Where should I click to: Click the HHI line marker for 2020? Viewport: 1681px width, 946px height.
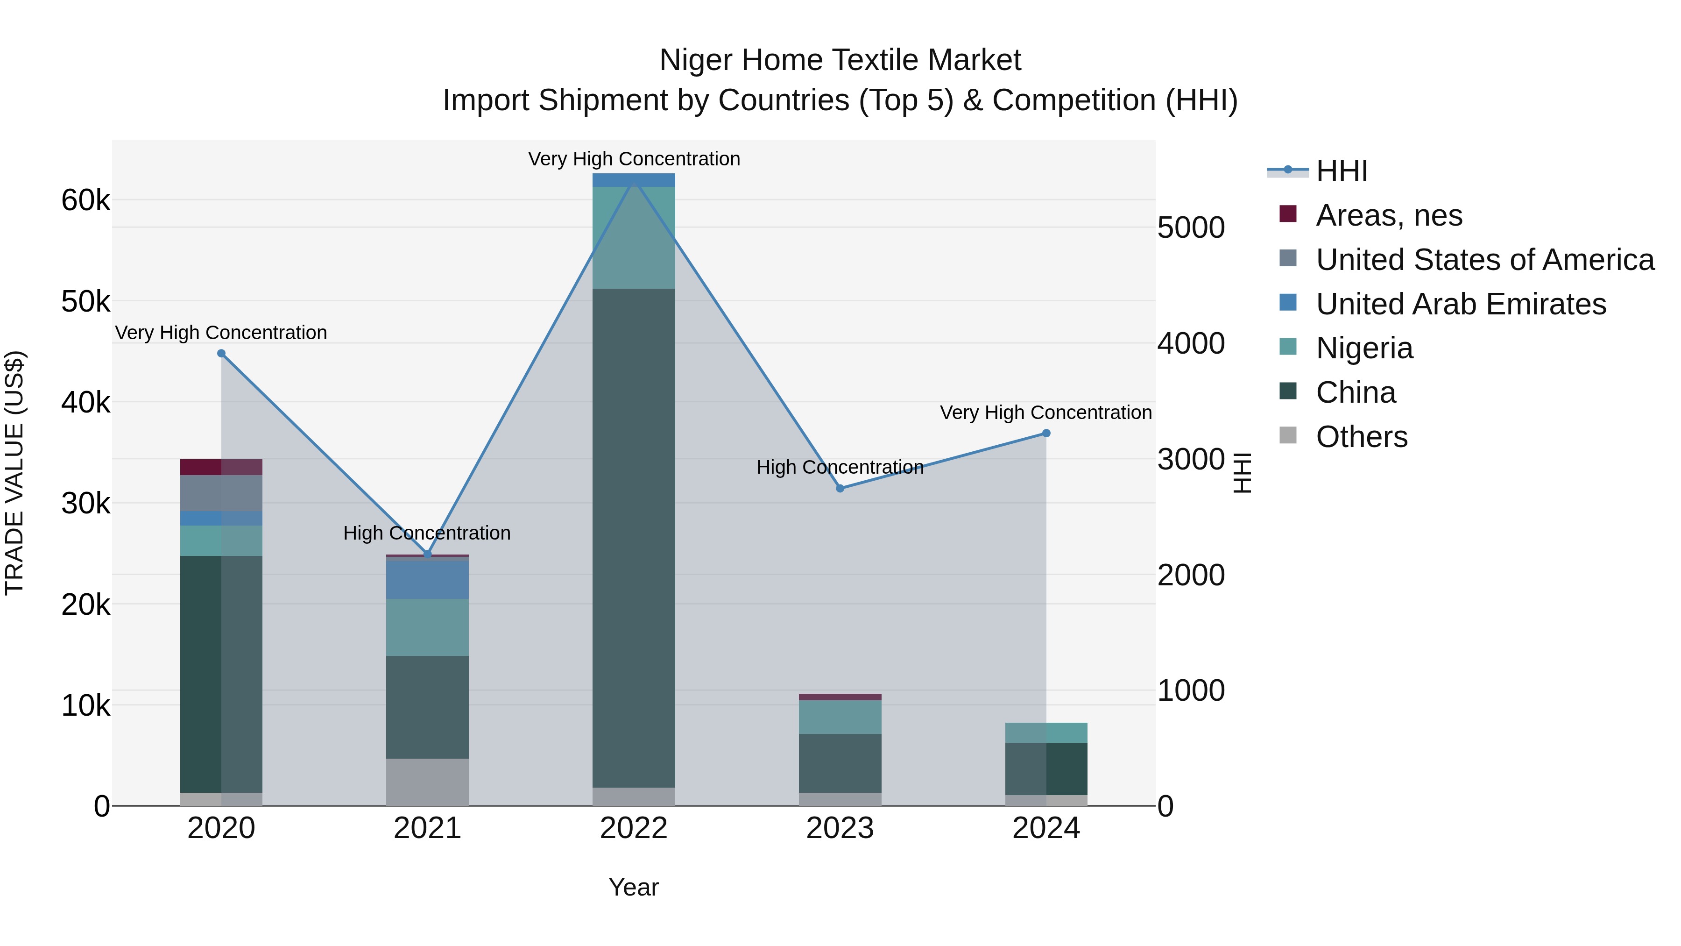click(x=221, y=353)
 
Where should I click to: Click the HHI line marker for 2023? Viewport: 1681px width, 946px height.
click(x=840, y=488)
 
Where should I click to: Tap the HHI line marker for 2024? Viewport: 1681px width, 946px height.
click(x=1046, y=433)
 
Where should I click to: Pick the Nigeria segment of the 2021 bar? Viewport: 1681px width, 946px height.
click(x=427, y=627)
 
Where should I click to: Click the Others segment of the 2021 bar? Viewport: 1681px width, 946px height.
click(x=427, y=782)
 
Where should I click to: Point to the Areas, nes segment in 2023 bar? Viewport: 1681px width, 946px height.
click(x=840, y=697)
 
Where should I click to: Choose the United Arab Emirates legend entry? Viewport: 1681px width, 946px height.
click(x=1461, y=304)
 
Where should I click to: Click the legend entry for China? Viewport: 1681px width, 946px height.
click(x=1356, y=392)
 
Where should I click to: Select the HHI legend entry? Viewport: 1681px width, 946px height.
click(x=1341, y=171)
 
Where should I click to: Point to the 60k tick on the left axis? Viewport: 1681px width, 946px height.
click(x=85, y=200)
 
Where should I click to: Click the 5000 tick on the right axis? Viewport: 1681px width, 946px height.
click(x=1191, y=228)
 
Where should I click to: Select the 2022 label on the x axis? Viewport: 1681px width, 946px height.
click(x=634, y=828)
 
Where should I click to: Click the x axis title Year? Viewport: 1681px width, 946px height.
click(x=634, y=887)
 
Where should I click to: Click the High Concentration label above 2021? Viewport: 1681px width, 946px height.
click(x=427, y=533)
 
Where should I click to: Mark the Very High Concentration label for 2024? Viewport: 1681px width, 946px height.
click(x=1045, y=413)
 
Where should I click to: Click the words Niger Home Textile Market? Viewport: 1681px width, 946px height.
click(x=840, y=60)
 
